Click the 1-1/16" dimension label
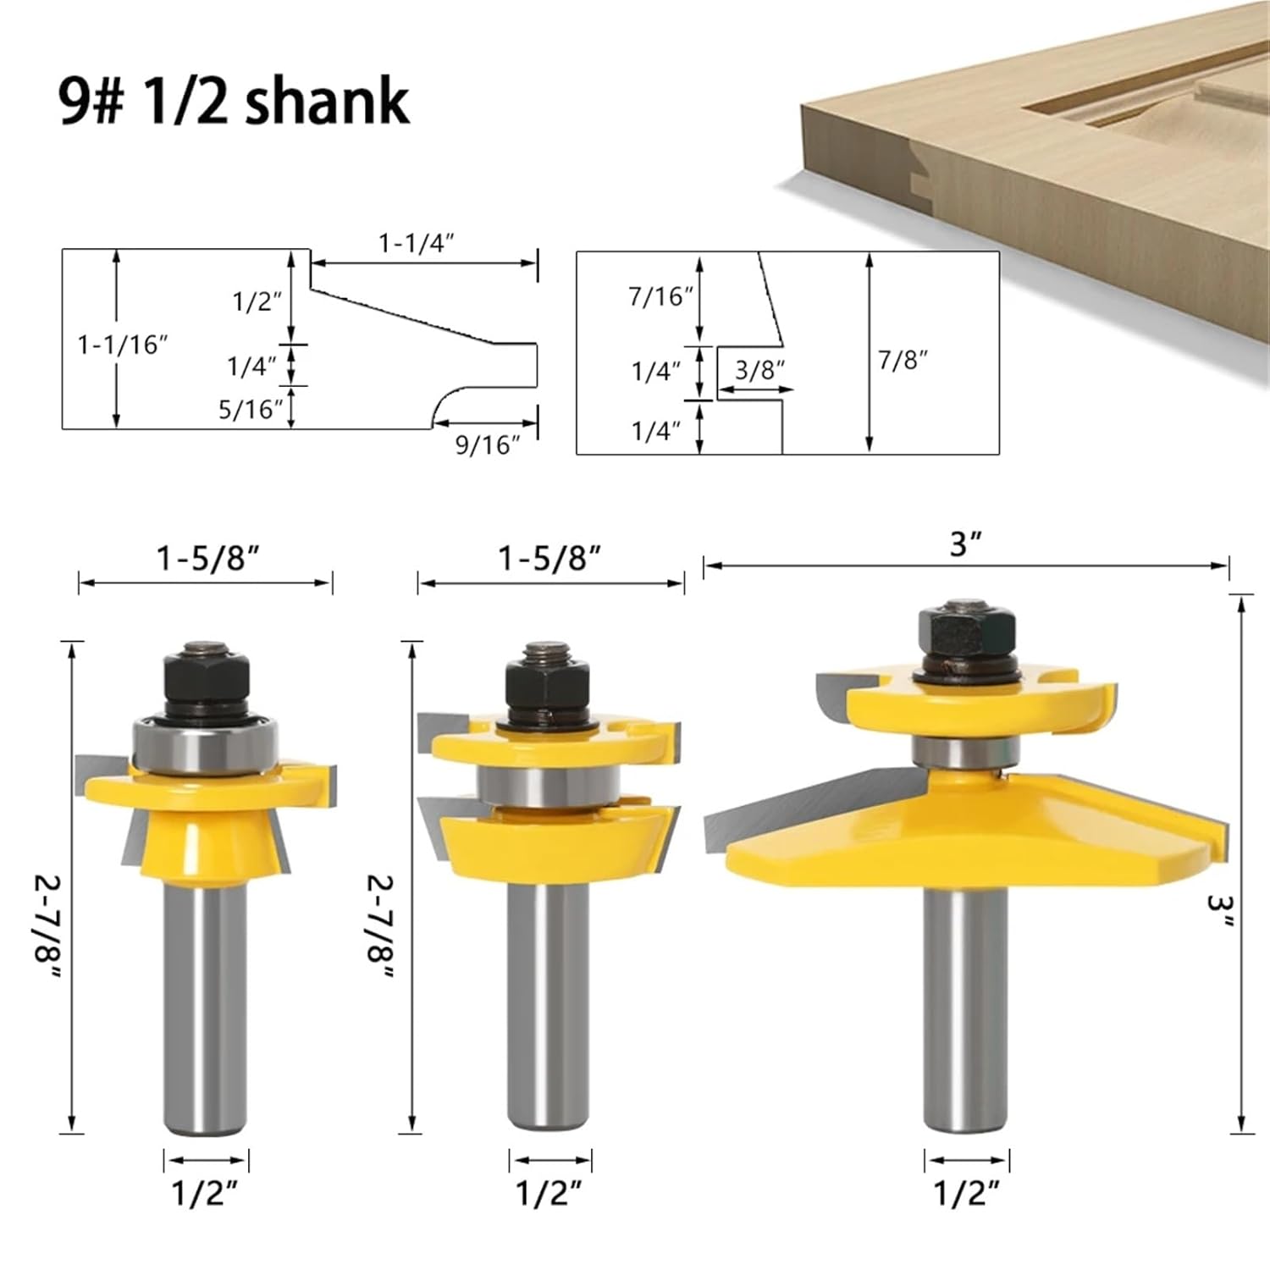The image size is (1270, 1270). coord(124,345)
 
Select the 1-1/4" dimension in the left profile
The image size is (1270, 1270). coord(416,243)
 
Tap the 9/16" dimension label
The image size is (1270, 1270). coord(488,444)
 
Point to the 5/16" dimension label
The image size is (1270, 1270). coord(251,410)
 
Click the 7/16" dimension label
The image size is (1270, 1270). coord(661,296)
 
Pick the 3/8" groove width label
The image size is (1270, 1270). coord(759,370)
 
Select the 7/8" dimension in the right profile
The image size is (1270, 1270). coord(903,360)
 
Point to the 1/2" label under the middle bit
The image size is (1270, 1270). coord(549,1194)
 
